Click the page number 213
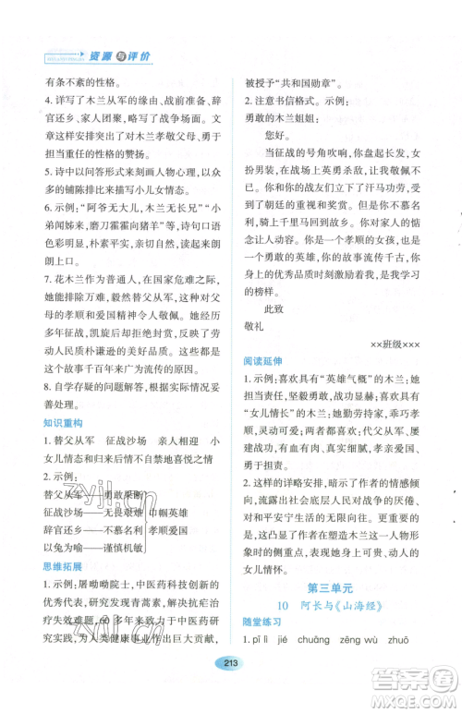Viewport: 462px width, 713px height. [x=230, y=687]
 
